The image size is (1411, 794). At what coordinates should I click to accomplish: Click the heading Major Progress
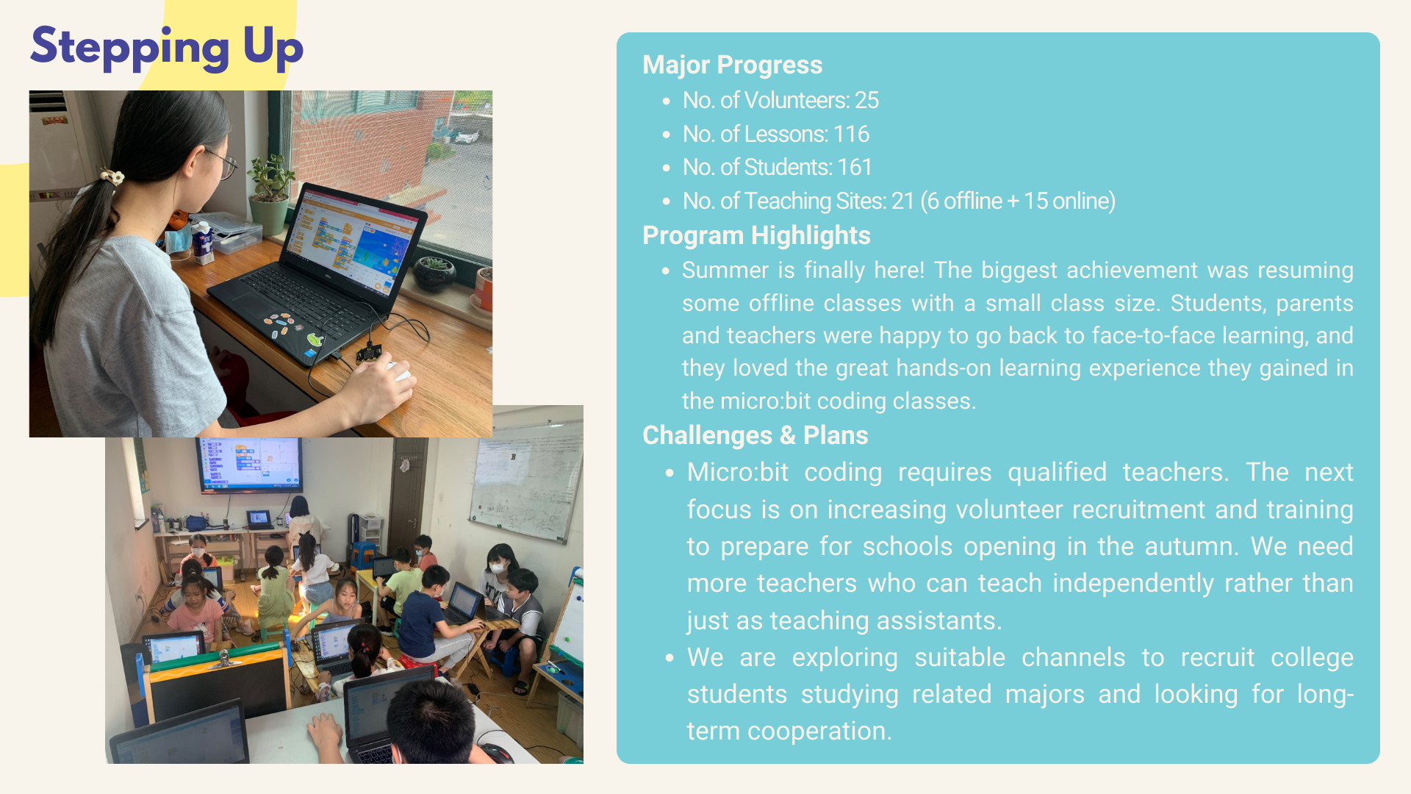pos(732,65)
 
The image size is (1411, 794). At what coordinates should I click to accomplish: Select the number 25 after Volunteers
pos(866,100)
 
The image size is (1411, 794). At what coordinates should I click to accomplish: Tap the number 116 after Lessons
pos(851,134)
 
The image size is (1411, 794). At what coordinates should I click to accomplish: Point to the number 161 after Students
pos(854,167)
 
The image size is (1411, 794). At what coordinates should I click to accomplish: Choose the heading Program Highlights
pos(756,235)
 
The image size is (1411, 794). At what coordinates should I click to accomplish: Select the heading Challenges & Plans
pos(755,435)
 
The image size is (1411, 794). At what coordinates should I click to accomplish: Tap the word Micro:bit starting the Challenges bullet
pos(737,472)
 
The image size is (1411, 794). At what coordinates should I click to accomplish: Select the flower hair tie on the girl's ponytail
pos(112,176)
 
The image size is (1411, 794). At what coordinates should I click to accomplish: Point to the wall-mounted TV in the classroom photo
pos(249,463)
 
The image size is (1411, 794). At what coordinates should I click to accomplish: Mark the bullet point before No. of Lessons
pos(666,135)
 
